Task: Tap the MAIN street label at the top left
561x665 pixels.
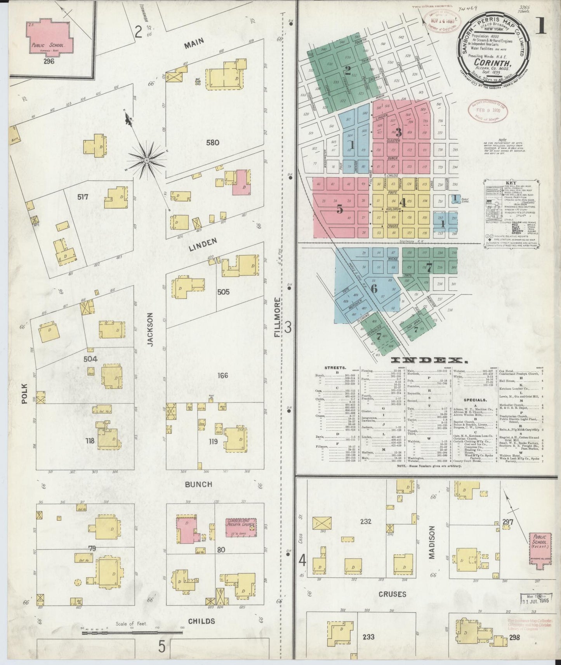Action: (x=194, y=45)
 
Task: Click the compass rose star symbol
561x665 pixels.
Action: (x=147, y=160)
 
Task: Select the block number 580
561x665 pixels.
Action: (x=213, y=142)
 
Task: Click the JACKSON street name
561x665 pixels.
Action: (x=150, y=329)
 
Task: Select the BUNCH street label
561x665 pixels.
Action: (x=198, y=484)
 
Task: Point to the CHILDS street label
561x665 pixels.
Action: (x=201, y=621)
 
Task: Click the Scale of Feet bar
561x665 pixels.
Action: (x=132, y=633)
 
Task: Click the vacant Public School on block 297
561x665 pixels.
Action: (x=539, y=547)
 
